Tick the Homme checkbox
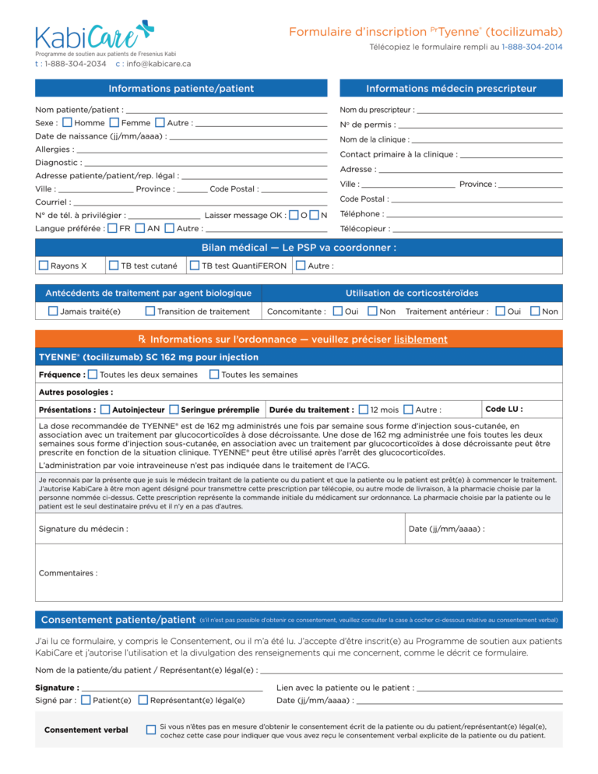point(68,123)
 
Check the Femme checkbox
point(114,123)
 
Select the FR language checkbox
point(113,228)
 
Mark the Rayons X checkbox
point(44,266)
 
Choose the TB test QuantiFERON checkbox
point(195,266)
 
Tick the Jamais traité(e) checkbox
point(53,311)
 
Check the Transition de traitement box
point(150,311)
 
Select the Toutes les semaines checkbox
point(214,375)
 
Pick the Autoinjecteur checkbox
point(105,410)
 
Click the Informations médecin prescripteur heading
point(451,88)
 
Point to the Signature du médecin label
point(83,529)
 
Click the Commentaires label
point(69,573)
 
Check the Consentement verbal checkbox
point(151,730)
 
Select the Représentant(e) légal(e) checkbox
point(143,700)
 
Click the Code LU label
point(504,409)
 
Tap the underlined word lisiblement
point(420,340)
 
